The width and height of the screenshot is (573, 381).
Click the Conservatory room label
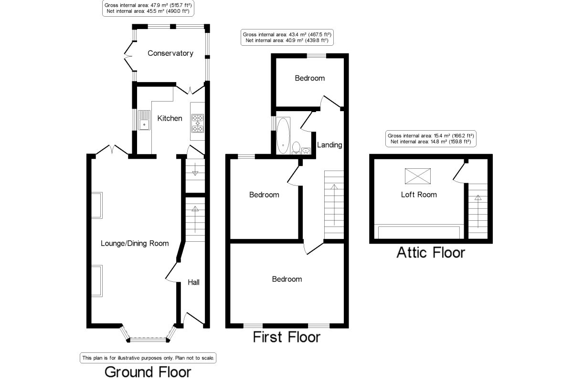(x=170, y=53)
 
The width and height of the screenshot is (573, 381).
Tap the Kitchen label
(x=170, y=118)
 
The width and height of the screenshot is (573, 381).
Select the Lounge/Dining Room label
(x=135, y=243)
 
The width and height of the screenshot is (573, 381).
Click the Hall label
(x=193, y=282)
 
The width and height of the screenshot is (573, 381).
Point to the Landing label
(x=329, y=145)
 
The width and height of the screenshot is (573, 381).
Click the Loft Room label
(x=418, y=195)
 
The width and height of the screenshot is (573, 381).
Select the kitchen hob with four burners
(x=197, y=123)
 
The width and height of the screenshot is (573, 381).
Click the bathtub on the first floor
(x=282, y=135)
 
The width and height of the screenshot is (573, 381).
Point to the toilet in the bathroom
(x=296, y=148)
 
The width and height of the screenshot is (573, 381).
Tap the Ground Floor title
(x=148, y=371)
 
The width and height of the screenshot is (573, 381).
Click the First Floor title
(x=286, y=337)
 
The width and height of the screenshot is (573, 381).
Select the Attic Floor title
(x=430, y=252)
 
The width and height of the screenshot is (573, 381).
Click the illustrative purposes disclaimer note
(x=148, y=357)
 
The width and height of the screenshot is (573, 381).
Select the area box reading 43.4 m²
(x=287, y=37)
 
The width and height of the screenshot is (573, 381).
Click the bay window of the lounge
(x=148, y=337)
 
